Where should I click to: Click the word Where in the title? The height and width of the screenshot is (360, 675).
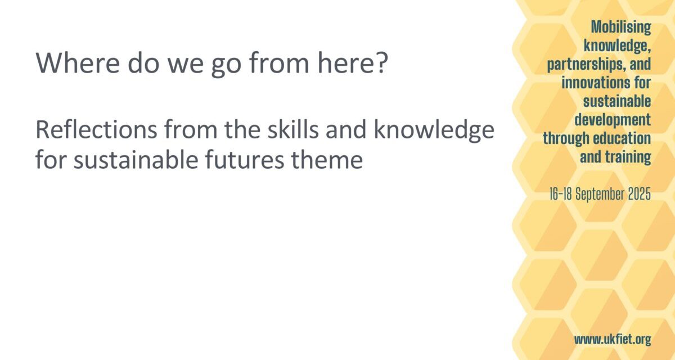(x=78, y=63)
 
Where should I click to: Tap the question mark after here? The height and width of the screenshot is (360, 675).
(x=381, y=62)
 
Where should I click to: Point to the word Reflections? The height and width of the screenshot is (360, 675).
(x=96, y=129)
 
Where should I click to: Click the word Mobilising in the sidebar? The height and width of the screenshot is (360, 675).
(x=621, y=27)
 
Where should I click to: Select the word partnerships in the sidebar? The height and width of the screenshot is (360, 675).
(x=583, y=65)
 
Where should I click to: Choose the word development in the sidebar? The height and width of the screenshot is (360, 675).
(x=613, y=120)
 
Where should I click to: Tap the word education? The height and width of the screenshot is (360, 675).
(x=622, y=138)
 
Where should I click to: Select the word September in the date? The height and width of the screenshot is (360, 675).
(x=600, y=194)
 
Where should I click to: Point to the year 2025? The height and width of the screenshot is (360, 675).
(x=640, y=193)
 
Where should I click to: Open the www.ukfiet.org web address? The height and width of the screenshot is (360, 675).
(x=613, y=340)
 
